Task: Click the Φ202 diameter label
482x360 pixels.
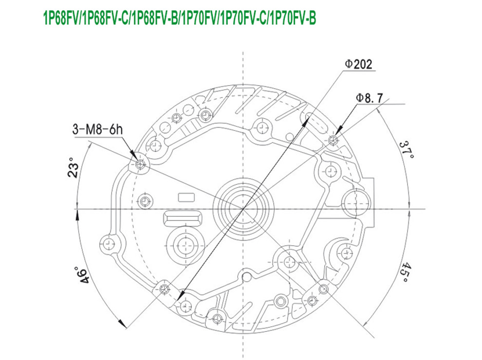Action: pos(358,64)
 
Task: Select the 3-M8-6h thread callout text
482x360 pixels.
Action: pos(97,129)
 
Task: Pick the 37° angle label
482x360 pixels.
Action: pos(407,150)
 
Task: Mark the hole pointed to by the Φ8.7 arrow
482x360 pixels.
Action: pos(333,141)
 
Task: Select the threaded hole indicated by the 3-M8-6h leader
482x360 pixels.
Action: pos(141,164)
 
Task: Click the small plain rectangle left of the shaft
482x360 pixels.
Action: pos(186,197)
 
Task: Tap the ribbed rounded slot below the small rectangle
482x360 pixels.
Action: pos(183,217)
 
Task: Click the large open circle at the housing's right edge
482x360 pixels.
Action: pos(354,201)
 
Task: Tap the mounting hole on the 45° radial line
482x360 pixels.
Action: pos(324,289)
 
